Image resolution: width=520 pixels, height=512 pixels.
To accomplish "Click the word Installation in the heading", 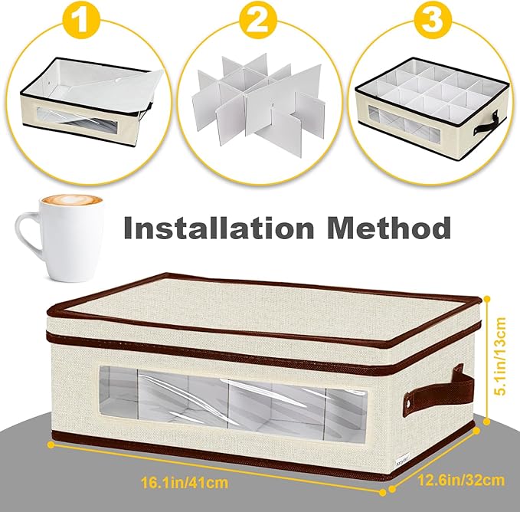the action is point(218,228).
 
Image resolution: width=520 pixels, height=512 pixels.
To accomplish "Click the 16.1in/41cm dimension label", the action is point(185,482).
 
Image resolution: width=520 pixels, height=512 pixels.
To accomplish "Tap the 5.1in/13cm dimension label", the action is point(500,356).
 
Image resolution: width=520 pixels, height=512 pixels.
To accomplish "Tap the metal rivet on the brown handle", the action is point(409,403).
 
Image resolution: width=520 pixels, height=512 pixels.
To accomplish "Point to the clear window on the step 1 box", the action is point(77,120).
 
